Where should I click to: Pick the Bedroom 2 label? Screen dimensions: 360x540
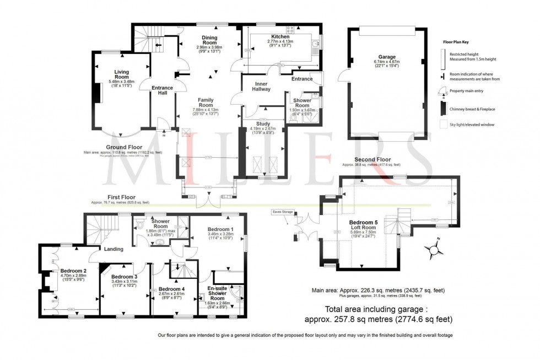click(72, 271)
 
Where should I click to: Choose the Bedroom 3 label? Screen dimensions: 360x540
click(124, 277)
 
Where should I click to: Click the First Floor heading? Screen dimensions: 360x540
click(121, 197)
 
